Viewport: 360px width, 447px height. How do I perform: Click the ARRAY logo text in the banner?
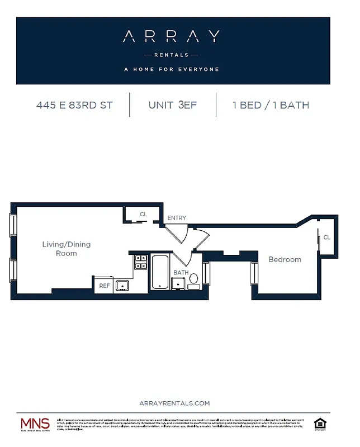(x=171, y=37)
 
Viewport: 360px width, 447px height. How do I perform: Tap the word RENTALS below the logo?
(x=171, y=55)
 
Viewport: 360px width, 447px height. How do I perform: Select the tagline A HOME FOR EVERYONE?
(x=171, y=70)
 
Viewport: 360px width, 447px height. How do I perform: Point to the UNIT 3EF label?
(x=173, y=105)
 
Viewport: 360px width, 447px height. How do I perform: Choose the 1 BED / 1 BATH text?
(x=271, y=105)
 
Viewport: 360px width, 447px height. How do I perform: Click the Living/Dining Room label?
(x=67, y=249)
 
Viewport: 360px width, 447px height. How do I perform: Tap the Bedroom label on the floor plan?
(x=285, y=259)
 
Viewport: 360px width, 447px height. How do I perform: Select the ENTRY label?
(x=177, y=218)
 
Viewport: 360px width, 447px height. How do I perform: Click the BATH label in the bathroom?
(x=181, y=273)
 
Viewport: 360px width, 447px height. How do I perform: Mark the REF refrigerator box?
(x=104, y=286)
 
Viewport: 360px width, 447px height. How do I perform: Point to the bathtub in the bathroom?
(x=160, y=273)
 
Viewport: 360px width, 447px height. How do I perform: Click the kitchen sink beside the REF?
(x=122, y=286)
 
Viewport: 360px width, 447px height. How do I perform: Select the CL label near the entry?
(x=143, y=214)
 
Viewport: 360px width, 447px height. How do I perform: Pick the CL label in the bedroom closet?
(x=326, y=237)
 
